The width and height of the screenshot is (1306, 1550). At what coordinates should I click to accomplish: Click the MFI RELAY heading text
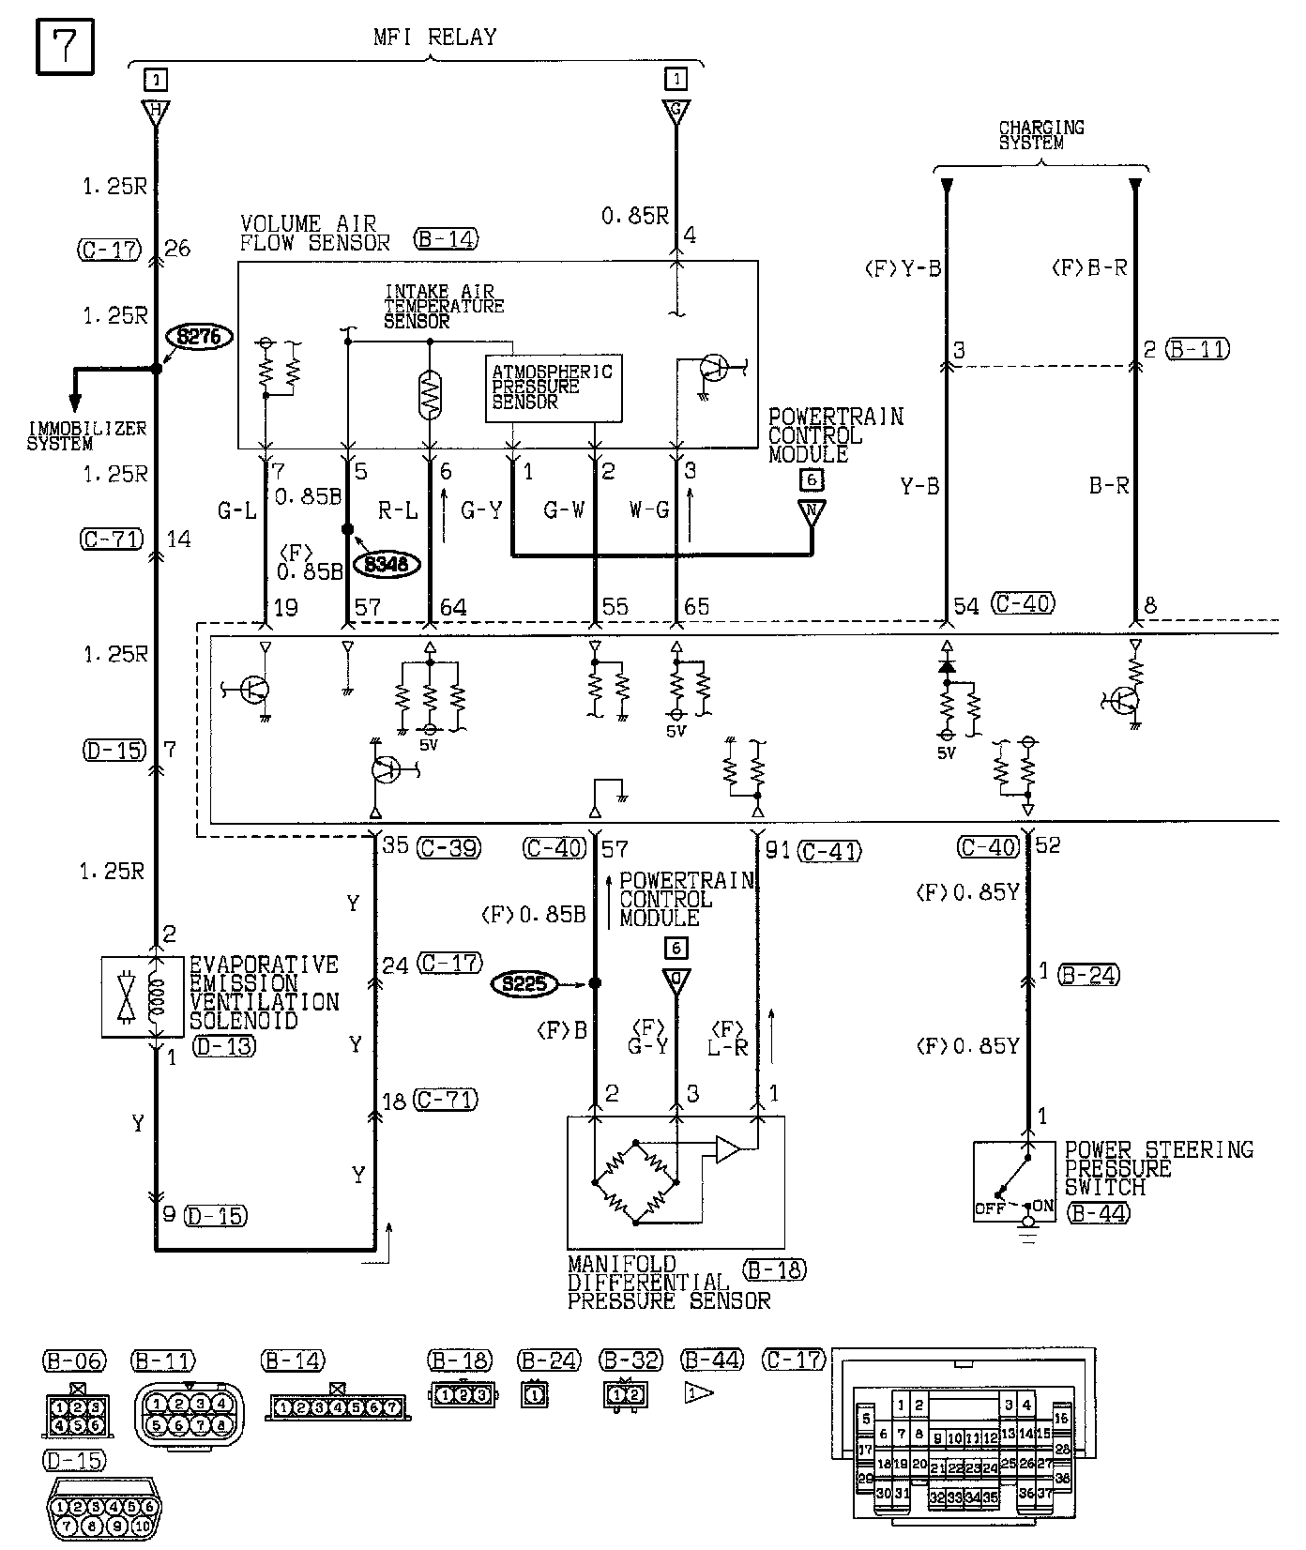(434, 38)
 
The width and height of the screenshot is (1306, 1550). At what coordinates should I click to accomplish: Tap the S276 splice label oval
(198, 336)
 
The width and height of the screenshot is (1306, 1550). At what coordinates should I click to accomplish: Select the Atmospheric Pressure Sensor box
(554, 387)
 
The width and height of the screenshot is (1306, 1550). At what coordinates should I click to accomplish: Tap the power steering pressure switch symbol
(1014, 1182)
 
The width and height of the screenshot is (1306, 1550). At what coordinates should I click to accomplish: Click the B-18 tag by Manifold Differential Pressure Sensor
(774, 1269)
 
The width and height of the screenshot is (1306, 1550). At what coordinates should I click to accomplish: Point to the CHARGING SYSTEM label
(1041, 135)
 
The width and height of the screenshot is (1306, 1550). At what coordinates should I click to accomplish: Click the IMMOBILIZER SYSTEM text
(86, 436)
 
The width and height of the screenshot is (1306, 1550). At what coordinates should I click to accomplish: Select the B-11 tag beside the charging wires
(1197, 349)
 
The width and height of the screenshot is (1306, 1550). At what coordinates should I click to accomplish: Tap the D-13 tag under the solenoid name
(223, 1045)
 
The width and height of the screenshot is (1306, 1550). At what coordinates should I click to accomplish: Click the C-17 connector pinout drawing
(964, 1450)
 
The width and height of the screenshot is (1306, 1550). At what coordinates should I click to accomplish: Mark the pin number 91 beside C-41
(778, 850)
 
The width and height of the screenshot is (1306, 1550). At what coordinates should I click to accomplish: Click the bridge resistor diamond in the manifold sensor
(635, 1182)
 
